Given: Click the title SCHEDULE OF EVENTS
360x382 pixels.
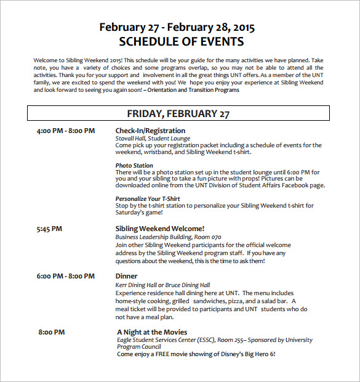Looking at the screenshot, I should pos(181,42).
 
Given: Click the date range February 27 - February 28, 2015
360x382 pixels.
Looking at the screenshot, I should pos(177,27).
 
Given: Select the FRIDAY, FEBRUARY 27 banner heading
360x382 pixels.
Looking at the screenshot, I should pos(178,113).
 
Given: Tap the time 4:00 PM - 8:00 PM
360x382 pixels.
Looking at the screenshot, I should pos(66,131).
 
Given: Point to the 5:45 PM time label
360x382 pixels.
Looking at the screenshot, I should pos(50,229).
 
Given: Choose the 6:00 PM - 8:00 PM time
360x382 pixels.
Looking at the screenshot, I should pos(66,276).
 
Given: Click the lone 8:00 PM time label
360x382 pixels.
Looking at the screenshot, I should pos(52,332).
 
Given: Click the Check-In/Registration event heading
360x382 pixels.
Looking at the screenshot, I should pos(150,131).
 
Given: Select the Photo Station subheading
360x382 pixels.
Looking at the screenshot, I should pos(134,165).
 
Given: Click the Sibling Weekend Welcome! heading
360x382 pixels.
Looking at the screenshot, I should pos(160,229).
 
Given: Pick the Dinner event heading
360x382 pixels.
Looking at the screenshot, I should pos(127,276).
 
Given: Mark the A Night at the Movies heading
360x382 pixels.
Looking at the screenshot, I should pos(153,332).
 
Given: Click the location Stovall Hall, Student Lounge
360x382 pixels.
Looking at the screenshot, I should pos(153,139).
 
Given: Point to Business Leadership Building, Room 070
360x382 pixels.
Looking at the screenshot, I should pos(168,237).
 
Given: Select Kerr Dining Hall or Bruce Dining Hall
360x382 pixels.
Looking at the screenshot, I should pos(162,285).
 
